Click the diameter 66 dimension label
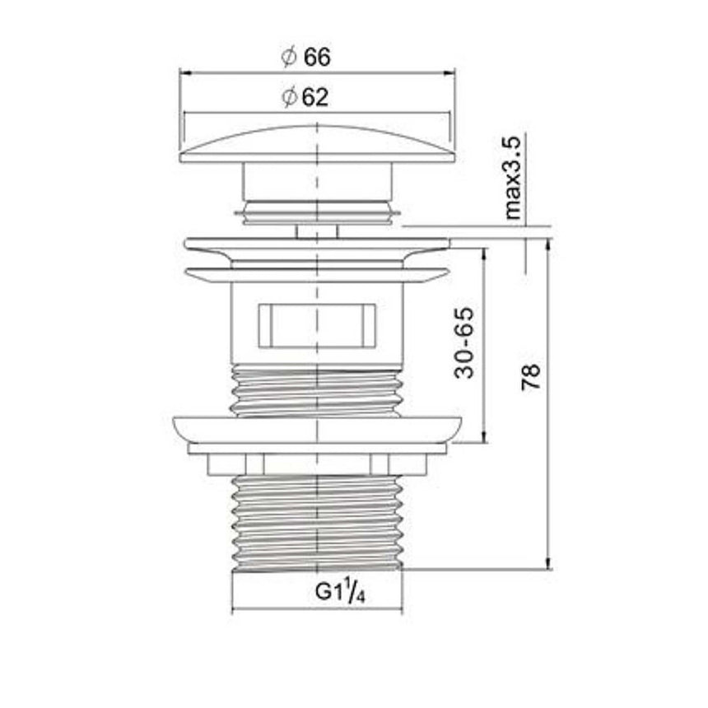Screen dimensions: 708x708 pos(305,57)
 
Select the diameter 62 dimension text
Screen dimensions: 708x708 pos(305,96)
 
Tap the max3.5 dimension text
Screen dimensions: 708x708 pos(512,178)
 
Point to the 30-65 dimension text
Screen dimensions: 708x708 pos(464,342)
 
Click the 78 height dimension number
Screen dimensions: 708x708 pos(531,376)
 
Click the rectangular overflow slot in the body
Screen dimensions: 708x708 pos(317,326)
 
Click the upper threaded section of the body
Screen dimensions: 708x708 pos(317,391)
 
